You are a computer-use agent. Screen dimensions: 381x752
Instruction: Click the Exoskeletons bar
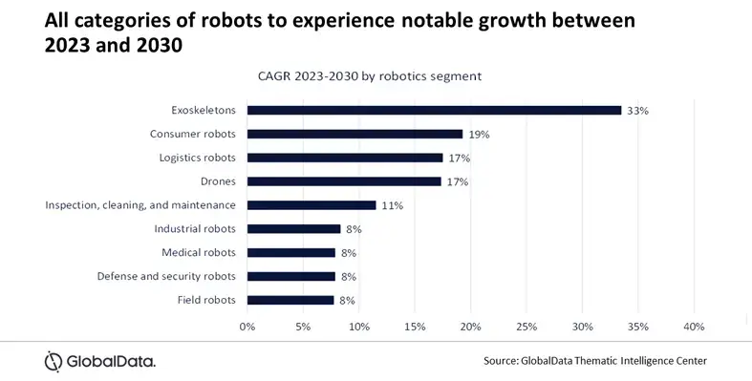point(434,111)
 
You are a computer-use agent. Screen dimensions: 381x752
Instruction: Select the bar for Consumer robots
point(355,135)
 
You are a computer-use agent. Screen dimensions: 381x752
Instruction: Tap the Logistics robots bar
point(345,158)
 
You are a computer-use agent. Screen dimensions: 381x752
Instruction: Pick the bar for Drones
point(344,181)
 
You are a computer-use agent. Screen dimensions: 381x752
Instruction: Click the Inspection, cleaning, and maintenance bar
point(312,205)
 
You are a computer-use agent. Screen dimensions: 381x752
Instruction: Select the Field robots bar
point(290,300)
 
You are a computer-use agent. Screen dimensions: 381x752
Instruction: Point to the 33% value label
point(637,111)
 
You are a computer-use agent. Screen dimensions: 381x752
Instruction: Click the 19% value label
point(479,135)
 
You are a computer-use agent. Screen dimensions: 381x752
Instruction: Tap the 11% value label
point(392,205)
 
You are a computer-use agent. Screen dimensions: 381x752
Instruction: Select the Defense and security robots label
point(166,276)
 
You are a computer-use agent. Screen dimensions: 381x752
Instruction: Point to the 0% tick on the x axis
point(247,327)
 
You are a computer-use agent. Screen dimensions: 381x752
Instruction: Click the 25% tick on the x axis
point(526,327)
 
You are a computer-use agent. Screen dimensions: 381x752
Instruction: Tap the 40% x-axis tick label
point(694,327)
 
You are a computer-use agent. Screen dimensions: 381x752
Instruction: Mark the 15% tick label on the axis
point(415,327)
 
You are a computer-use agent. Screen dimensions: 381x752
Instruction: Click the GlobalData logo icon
point(54,361)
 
